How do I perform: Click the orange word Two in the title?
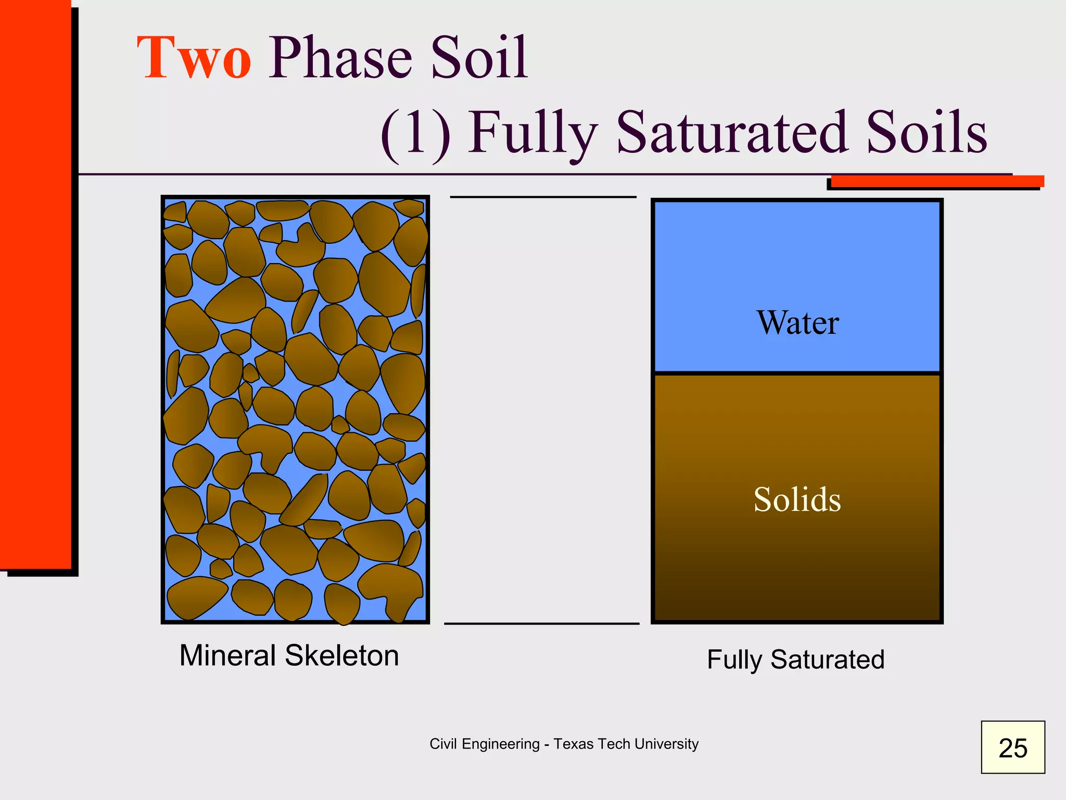click(x=194, y=58)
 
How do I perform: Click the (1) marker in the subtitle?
click(x=415, y=133)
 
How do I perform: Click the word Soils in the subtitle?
click(x=927, y=133)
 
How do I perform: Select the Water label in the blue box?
click(x=797, y=323)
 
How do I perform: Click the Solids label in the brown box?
click(x=797, y=499)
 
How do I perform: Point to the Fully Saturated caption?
click(x=795, y=659)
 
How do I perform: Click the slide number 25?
click(x=1012, y=748)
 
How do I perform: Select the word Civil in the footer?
click(x=443, y=744)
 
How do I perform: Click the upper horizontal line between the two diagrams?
click(x=543, y=197)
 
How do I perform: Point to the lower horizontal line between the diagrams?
click(x=541, y=623)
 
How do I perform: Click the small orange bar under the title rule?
click(x=937, y=181)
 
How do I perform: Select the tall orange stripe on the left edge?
click(x=35, y=286)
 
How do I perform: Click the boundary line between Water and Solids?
click(x=797, y=373)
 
